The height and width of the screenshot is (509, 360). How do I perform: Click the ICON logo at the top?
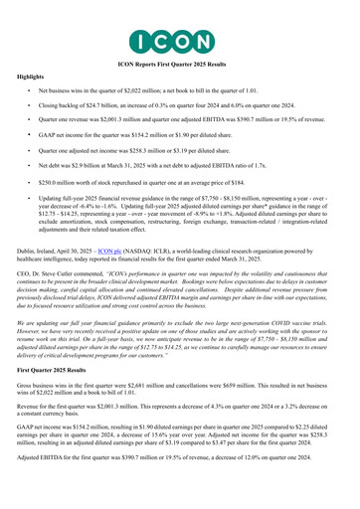179,18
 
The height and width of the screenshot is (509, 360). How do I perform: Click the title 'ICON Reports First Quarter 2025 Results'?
179,48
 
